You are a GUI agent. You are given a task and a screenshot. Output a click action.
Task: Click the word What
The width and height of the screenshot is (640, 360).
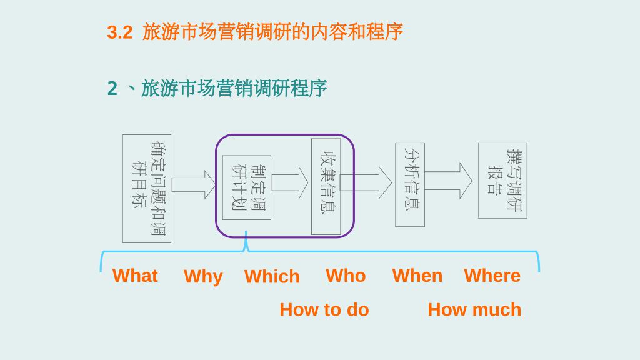click(x=135, y=276)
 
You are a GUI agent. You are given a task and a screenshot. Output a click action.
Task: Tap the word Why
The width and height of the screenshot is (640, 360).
click(x=203, y=276)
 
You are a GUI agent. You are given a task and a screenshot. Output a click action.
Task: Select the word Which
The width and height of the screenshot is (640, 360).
click(x=272, y=276)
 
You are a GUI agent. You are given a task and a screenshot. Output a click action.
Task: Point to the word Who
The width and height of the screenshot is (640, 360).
click(x=346, y=276)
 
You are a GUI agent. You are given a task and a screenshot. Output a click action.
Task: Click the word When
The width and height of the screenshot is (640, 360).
click(x=417, y=276)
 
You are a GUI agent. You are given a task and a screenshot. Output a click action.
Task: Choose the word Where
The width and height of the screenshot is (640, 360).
click(x=492, y=276)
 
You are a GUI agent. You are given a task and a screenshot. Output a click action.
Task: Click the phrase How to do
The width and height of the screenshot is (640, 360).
click(x=324, y=309)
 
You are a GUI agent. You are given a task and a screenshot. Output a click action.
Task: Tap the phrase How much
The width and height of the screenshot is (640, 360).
click(x=474, y=309)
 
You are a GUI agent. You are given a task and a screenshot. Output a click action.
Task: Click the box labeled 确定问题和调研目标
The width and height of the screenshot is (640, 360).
click(x=147, y=189)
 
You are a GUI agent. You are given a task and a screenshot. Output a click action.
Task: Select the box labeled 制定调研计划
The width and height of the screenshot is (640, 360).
click(x=247, y=187)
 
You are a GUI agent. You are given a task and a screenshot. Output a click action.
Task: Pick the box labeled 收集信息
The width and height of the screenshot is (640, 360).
click(x=326, y=186)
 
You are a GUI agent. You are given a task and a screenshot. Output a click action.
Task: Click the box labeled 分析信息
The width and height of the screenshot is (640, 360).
click(x=410, y=185)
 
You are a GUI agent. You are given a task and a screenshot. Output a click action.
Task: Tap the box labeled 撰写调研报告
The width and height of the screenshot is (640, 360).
click(x=502, y=181)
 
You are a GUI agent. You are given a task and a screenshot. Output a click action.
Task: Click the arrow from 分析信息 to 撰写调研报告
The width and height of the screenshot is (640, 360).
click(x=448, y=181)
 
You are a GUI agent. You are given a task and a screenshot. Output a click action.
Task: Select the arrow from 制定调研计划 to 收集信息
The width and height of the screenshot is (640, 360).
click(x=291, y=183)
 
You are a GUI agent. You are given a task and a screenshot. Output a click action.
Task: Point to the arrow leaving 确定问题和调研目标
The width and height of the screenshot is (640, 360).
click(x=193, y=185)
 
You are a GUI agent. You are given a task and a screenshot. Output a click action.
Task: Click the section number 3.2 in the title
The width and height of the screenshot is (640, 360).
click(x=119, y=32)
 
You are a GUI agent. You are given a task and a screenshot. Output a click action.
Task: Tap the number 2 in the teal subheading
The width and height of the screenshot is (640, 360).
click(x=112, y=89)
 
